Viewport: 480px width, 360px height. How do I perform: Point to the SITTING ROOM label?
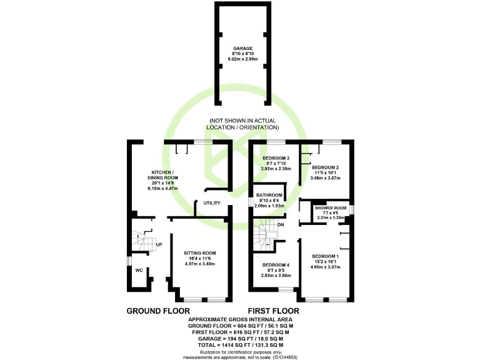(x=199, y=253)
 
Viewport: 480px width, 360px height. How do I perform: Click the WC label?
(x=139, y=271)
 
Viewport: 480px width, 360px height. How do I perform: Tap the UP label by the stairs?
(x=159, y=244)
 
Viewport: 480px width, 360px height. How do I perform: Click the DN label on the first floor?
(x=281, y=224)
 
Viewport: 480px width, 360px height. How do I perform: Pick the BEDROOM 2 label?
(x=324, y=167)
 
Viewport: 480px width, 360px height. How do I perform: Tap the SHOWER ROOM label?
(x=331, y=208)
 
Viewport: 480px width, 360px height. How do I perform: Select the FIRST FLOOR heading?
(x=273, y=311)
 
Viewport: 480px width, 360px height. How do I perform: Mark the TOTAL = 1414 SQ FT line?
(x=240, y=345)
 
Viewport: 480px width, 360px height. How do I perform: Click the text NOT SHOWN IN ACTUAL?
(x=244, y=121)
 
